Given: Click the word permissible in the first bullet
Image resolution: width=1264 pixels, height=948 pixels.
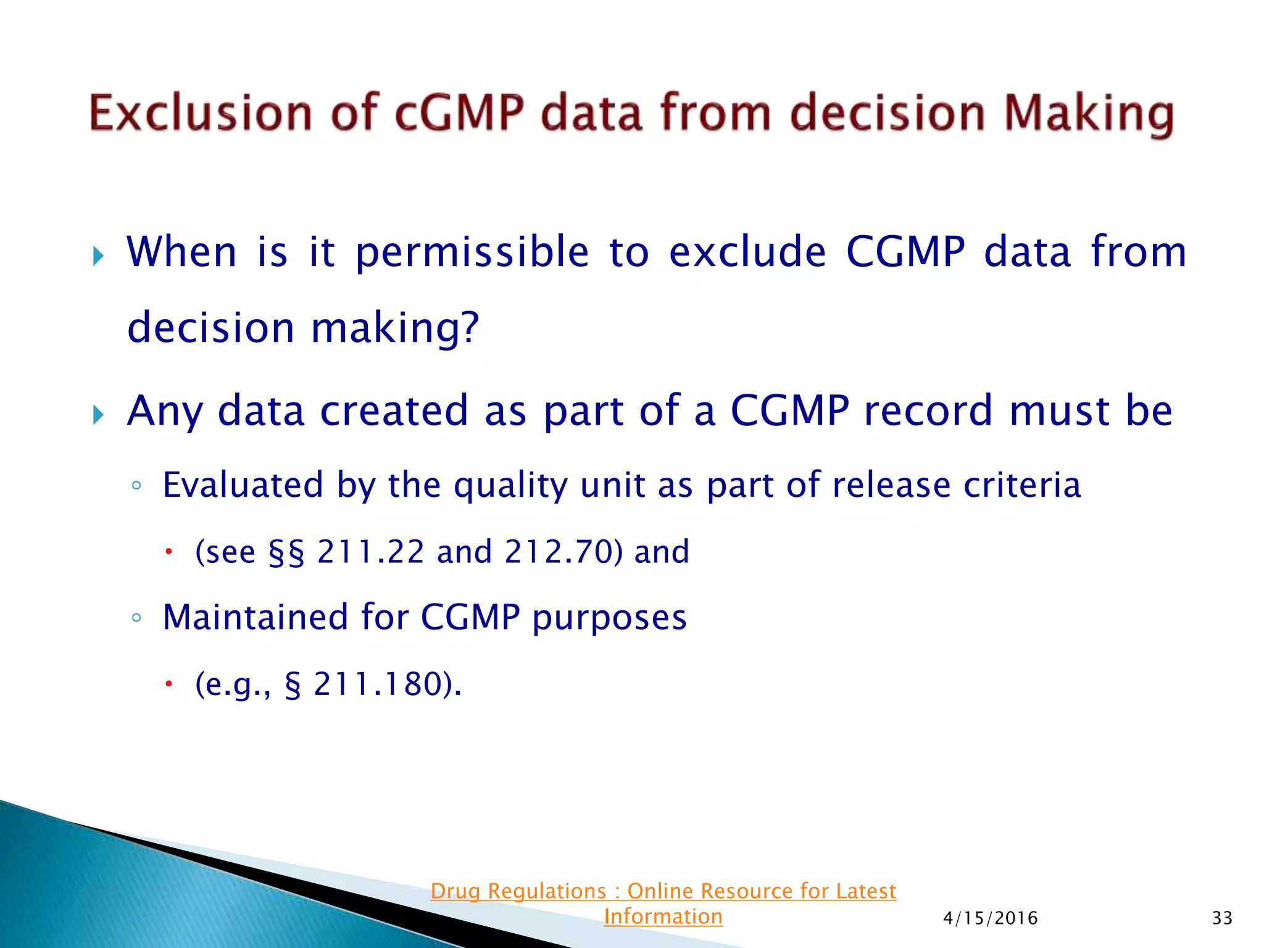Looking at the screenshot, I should pos(472,253).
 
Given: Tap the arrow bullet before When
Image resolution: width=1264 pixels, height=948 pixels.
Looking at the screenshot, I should pos(98,255).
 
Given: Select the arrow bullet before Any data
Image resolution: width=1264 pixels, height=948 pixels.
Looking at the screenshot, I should pos(98,414).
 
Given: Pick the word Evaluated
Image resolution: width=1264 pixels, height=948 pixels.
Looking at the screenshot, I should pos(243,485).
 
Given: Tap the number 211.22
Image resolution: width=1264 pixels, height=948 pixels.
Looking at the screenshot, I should pos(370,552).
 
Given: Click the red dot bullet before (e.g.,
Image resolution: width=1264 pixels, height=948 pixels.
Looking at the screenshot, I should pos(168,684).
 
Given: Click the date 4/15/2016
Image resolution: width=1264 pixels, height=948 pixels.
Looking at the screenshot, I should pos(990,918).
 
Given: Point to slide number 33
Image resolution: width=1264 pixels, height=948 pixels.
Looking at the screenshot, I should pos(1222,918).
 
